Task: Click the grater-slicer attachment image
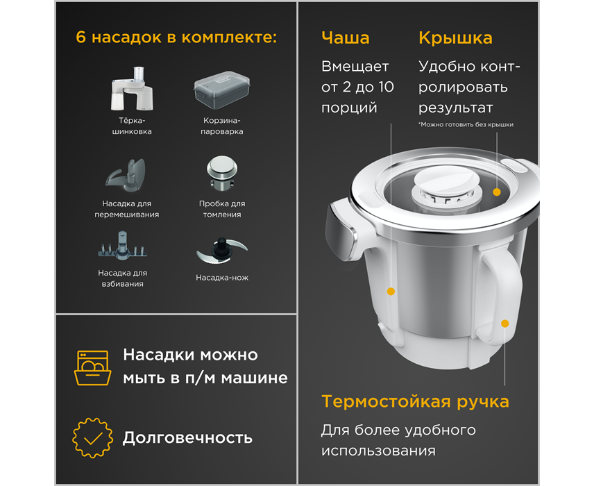click(132, 89)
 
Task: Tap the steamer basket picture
click(222, 90)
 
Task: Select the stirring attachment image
click(126, 176)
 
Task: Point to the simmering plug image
click(222, 173)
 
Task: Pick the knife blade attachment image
click(222, 251)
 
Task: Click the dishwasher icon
click(93, 368)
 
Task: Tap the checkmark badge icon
click(93, 438)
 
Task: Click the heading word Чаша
click(345, 38)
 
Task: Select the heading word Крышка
click(455, 38)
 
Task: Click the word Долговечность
click(187, 438)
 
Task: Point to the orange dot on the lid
click(497, 192)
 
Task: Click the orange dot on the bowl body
click(391, 291)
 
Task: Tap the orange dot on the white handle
click(504, 324)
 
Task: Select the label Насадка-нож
click(222, 278)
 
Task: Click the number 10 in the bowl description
click(386, 87)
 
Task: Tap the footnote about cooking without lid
click(466, 124)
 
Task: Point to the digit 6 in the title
click(80, 37)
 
